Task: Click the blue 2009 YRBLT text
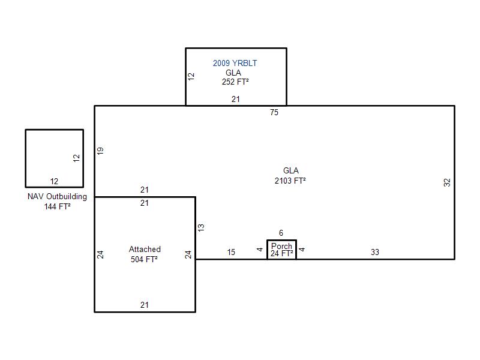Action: pyautogui.click(x=235, y=63)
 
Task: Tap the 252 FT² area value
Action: pyautogui.click(x=235, y=82)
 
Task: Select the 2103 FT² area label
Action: pyautogui.click(x=290, y=181)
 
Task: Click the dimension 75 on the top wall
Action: pyautogui.click(x=274, y=112)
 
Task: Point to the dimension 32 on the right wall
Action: pyautogui.click(x=447, y=182)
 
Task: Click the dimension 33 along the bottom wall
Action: pyautogui.click(x=375, y=252)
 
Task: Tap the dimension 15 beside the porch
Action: pyautogui.click(x=231, y=252)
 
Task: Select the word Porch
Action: pyautogui.click(x=281, y=246)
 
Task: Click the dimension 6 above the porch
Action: pyautogui.click(x=281, y=233)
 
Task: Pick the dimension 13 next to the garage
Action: pyautogui.click(x=201, y=227)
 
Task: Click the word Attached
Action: pyautogui.click(x=145, y=249)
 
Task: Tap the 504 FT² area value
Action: pyautogui.click(x=144, y=259)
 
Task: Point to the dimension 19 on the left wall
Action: pyautogui.click(x=100, y=151)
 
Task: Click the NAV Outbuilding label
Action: pyautogui.click(x=57, y=197)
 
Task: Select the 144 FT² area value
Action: pyautogui.click(x=57, y=206)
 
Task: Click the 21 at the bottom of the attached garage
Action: pyautogui.click(x=145, y=305)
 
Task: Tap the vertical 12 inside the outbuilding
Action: pyautogui.click(x=76, y=158)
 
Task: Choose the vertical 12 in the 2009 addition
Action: pyautogui.click(x=191, y=76)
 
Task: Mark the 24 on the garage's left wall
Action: pyautogui.click(x=100, y=254)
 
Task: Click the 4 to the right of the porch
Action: pyautogui.click(x=302, y=250)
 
